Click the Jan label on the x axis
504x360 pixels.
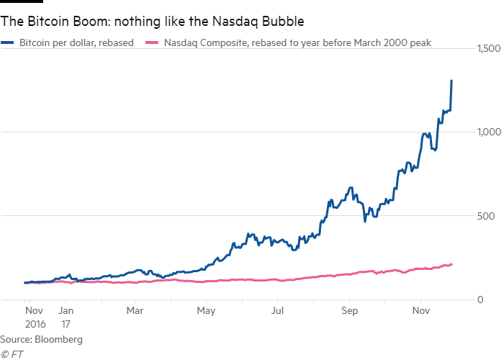(65, 312)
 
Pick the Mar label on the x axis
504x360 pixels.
(135, 312)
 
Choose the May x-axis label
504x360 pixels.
(206, 312)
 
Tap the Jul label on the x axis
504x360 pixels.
(277, 312)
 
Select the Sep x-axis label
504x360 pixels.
(348, 312)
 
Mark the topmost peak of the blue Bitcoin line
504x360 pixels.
(451, 81)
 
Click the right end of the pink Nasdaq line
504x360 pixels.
(451, 264)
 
